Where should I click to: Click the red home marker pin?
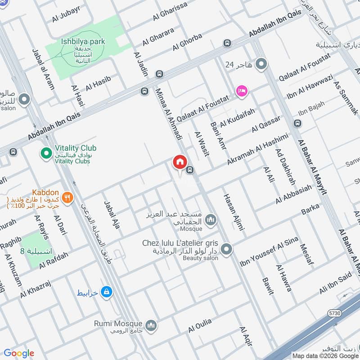(180, 162)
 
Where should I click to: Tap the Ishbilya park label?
(83, 41)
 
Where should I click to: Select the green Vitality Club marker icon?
(46, 154)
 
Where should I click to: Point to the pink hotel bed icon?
(242, 91)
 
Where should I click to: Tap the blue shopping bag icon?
(106, 292)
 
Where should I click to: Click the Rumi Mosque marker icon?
(151, 324)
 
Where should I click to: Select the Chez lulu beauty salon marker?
(226, 249)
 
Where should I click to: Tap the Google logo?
(19, 353)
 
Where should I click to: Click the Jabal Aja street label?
(112, 216)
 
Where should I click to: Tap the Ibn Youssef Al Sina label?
(269, 253)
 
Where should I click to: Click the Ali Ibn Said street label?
(335, 283)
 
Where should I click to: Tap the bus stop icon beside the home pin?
(191, 170)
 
